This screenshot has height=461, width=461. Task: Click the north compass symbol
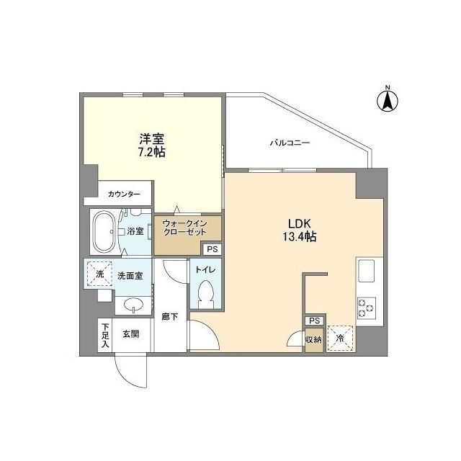click(388, 100)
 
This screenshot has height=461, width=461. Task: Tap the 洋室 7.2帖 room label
click(152, 146)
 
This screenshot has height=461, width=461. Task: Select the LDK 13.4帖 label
click(300, 230)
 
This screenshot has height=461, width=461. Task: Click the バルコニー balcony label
click(290, 143)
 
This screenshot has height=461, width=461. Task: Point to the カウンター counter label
click(124, 194)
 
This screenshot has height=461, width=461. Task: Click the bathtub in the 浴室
click(103, 232)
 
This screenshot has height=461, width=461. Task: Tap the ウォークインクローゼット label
click(184, 228)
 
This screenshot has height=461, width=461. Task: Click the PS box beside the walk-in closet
click(212, 249)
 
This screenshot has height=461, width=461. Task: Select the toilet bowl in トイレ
click(206, 295)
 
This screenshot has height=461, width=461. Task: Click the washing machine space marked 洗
click(99, 274)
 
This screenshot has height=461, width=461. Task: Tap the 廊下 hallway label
click(170, 317)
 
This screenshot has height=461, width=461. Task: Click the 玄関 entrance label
click(131, 334)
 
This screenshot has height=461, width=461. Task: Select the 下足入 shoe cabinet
click(105, 336)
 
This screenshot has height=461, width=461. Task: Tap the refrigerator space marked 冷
click(340, 339)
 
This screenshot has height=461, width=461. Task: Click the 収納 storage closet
click(314, 339)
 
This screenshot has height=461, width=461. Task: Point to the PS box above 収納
click(314, 321)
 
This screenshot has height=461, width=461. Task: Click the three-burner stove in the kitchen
click(367, 308)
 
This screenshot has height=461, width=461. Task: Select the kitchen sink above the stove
click(366, 271)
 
